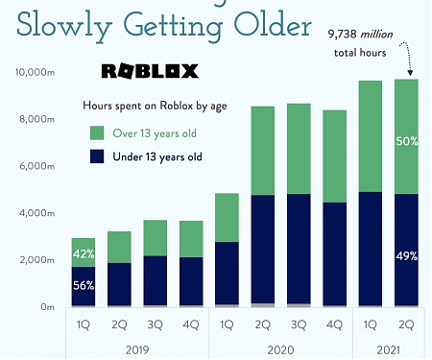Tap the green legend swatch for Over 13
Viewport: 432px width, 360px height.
[x=98, y=132]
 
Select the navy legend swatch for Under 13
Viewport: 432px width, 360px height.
[x=98, y=156]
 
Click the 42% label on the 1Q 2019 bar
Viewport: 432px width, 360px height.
[x=84, y=254]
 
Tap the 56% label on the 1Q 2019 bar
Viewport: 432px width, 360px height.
[x=84, y=285]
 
